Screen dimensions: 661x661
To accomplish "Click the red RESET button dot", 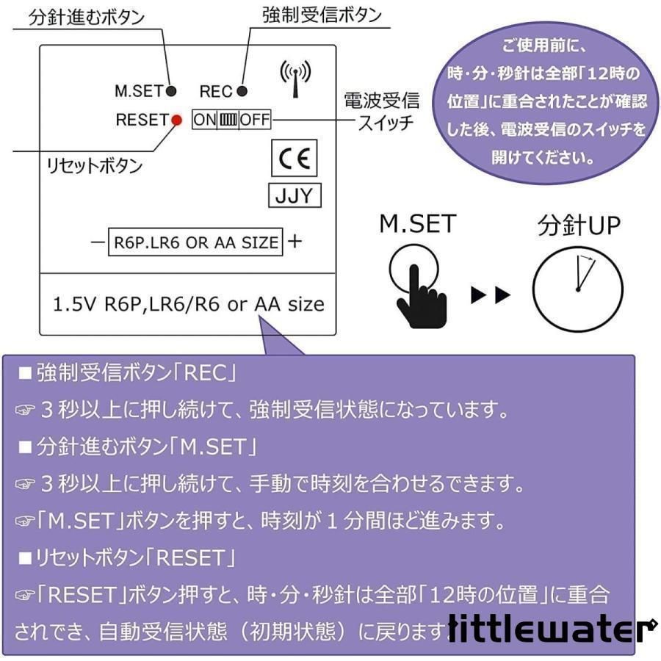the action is click(176, 120).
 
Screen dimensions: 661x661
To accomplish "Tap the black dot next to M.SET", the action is click(170, 90).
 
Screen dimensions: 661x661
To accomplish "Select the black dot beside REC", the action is click(242, 90).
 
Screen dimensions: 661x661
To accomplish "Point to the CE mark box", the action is click(295, 158).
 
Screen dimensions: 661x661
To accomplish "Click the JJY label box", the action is click(295, 195).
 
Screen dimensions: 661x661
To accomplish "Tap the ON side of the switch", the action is click(205, 120).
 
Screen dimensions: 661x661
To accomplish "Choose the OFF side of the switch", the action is click(255, 120).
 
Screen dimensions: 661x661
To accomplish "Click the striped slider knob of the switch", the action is click(228, 120).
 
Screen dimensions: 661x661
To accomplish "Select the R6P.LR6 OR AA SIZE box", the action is click(195, 242).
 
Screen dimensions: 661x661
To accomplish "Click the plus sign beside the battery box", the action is click(295, 241).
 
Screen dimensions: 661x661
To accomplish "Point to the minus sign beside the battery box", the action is click(98, 242).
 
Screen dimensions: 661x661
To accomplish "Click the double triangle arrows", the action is click(491, 295).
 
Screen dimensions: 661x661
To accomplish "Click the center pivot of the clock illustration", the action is click(577, 289).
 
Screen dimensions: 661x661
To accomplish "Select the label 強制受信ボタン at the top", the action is click(322, 15).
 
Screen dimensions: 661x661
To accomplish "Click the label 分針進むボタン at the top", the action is click(87, 18).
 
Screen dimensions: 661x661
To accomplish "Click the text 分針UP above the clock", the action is click(579, 225).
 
